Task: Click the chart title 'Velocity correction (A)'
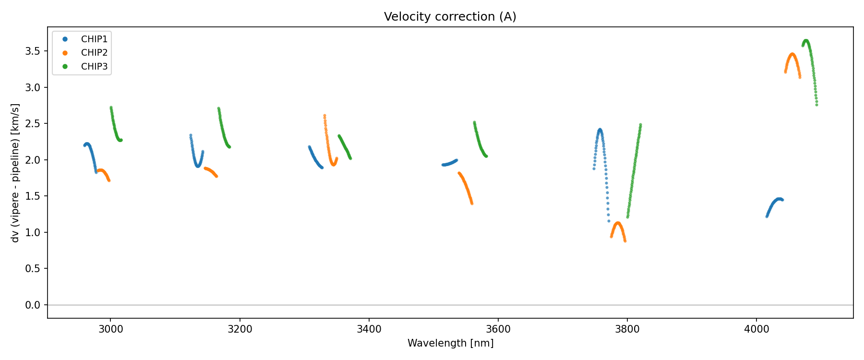coord(450,17)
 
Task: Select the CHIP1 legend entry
coord(94,39)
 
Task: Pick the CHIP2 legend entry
coord(94,53)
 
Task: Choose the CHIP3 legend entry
coord(94,67)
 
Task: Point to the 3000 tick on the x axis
coord(110,329)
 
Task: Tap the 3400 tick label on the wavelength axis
coord(369,329)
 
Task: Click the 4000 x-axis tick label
coord(756,329)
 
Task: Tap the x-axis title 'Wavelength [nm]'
coord(450,343)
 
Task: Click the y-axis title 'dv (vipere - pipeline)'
coord(15,173)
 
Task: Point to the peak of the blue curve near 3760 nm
coord(600,130)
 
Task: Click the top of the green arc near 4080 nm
coord(806,41)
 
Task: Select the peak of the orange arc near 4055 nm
coord(792,54)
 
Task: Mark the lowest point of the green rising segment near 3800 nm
coord(627,217)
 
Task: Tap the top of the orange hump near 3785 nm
coord(618,223)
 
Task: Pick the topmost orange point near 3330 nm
coord(324,116)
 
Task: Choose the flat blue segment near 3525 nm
coord(449,164)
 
